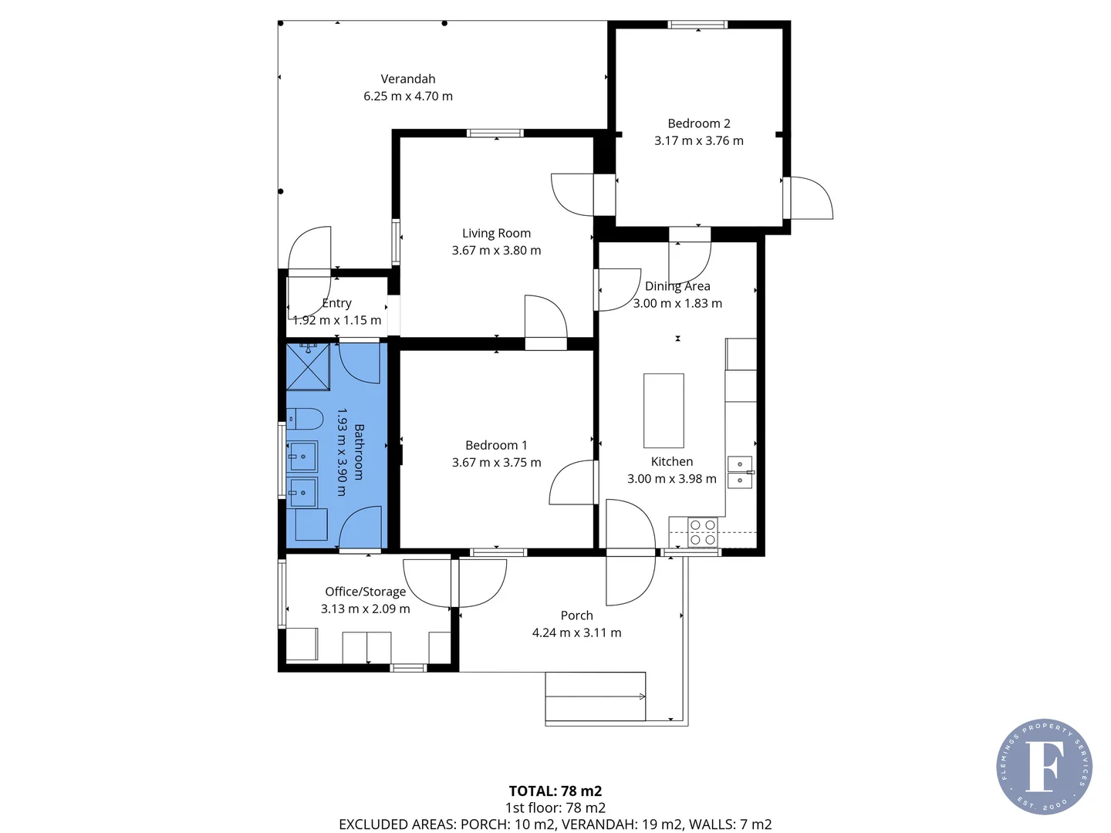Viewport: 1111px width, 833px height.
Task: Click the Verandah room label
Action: (408, 79)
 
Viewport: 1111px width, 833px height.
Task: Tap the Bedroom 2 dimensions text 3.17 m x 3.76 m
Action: (699, 140)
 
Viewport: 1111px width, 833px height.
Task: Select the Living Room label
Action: (496, 233)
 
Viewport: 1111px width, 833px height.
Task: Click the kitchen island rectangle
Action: (664, 410)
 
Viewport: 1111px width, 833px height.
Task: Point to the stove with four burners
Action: (702, 532)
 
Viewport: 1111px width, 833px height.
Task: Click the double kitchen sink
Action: (740, 472)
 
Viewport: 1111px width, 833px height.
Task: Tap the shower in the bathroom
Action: (308, 367)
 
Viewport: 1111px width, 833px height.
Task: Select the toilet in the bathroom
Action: (304, 419)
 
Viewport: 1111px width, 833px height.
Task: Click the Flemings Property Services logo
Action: (1044, 766)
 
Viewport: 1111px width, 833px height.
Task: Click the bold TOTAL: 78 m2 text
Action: (555, 791)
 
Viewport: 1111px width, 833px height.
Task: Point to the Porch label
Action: (576, 615)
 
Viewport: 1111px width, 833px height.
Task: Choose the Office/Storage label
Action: (365, 592)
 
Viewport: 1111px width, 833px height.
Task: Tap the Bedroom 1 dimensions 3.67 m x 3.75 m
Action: (496, 463)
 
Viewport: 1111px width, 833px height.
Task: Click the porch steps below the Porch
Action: (595, 697)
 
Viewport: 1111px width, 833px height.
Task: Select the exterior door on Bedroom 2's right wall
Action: (807, 198)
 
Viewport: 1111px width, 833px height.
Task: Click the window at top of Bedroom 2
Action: (697, 25)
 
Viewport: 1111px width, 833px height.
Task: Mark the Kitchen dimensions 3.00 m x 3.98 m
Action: (671, 479)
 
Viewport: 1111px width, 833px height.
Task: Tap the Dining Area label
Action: (677, 286)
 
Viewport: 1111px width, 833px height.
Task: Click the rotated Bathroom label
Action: (359, 452)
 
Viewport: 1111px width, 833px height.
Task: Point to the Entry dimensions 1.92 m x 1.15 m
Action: (337, 320)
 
